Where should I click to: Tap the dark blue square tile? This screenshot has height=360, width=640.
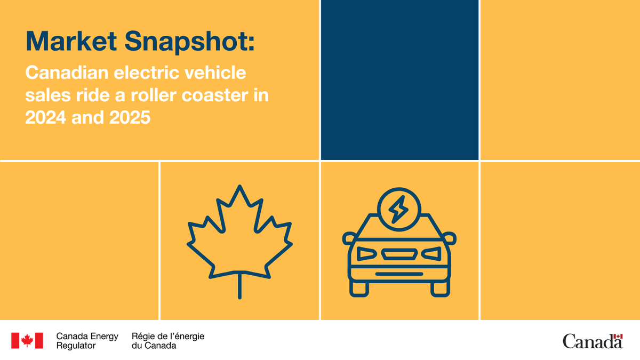coord(399,79)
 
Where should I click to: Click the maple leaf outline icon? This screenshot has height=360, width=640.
coord(239,235)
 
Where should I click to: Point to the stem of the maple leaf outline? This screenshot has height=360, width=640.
coord(239,285)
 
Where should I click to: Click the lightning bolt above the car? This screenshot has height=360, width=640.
coord(397,208)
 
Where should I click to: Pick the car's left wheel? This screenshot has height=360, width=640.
coord(359,288)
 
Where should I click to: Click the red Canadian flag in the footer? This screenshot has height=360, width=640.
coord(27,341)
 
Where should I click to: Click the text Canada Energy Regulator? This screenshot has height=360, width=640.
coord(87,341)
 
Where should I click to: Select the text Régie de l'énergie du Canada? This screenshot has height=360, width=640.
coord(167,341)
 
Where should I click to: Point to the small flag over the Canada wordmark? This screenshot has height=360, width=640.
coord(618,337)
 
